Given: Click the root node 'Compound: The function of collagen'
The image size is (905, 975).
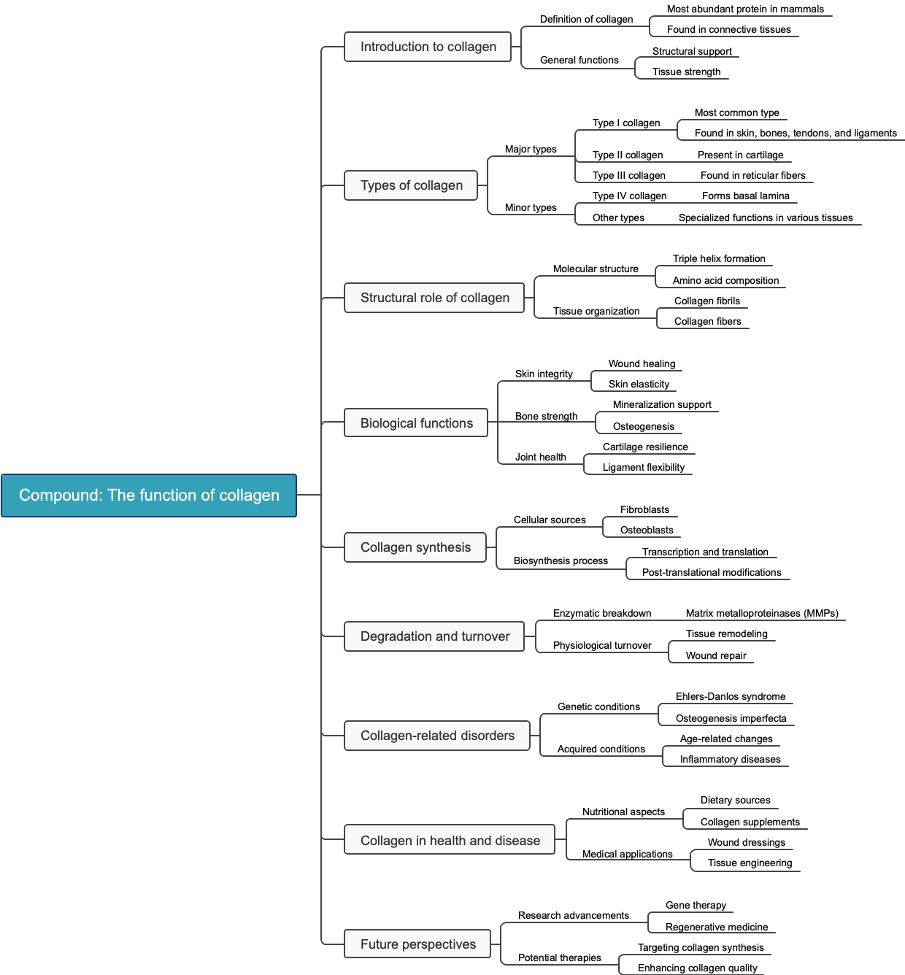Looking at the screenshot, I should (149, 496).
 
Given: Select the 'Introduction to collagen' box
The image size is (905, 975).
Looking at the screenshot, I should (428, 47).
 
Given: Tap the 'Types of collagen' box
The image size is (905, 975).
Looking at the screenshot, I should (411, 185).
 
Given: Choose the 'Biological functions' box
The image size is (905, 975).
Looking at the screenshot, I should (416, 423).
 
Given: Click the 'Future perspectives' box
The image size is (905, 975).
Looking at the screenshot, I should (417, 944).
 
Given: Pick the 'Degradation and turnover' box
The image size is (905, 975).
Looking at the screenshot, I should (434, 636).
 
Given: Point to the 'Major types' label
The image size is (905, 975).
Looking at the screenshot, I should (531, 150).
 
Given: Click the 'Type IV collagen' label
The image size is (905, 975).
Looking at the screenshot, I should (629, 196).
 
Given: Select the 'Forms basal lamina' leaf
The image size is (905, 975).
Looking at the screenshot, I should (745, 196).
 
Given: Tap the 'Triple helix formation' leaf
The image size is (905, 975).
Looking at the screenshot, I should (719, 259).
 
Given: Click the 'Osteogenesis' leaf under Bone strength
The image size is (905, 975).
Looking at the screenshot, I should (643, 427).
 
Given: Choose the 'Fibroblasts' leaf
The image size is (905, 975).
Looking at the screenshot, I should (644, 510).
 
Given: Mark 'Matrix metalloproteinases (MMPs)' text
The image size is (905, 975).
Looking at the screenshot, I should (762, 614).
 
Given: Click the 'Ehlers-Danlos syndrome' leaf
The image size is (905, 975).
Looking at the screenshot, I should (731, 697).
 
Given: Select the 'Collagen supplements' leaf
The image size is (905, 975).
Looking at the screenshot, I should (750, 822).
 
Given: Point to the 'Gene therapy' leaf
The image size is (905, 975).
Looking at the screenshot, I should (696, 906).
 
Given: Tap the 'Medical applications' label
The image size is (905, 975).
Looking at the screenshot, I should (627, 855).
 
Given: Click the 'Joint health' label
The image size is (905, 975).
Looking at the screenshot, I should (540, 458).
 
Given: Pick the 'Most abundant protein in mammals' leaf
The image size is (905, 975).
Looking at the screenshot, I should (745, 9).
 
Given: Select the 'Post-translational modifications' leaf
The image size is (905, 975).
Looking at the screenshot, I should (712, 573).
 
